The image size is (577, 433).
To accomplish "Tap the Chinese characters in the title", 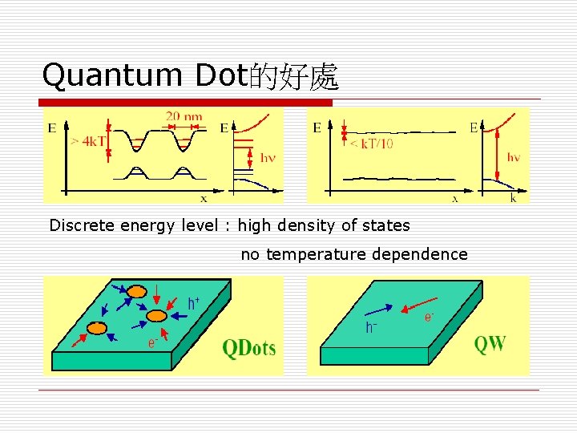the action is coord(294,77).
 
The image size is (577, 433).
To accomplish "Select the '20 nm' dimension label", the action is coord(184,117).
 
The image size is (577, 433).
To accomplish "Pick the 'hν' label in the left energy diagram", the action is coord(268,157).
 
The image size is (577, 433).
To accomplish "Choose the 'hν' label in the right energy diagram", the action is coord(514,157).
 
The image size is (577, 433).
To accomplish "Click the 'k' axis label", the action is coord(514,197).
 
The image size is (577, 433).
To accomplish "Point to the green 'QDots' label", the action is coord(248,347).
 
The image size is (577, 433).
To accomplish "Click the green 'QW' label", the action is coord(490,344).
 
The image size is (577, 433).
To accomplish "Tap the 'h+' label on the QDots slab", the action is coord(194,302).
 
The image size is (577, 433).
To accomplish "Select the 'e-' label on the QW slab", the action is coord(430,318).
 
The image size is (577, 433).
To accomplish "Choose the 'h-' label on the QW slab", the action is coord(372,327).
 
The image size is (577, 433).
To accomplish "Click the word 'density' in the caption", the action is coord(304,225).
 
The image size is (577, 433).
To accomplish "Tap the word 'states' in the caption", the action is coord(389,225).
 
